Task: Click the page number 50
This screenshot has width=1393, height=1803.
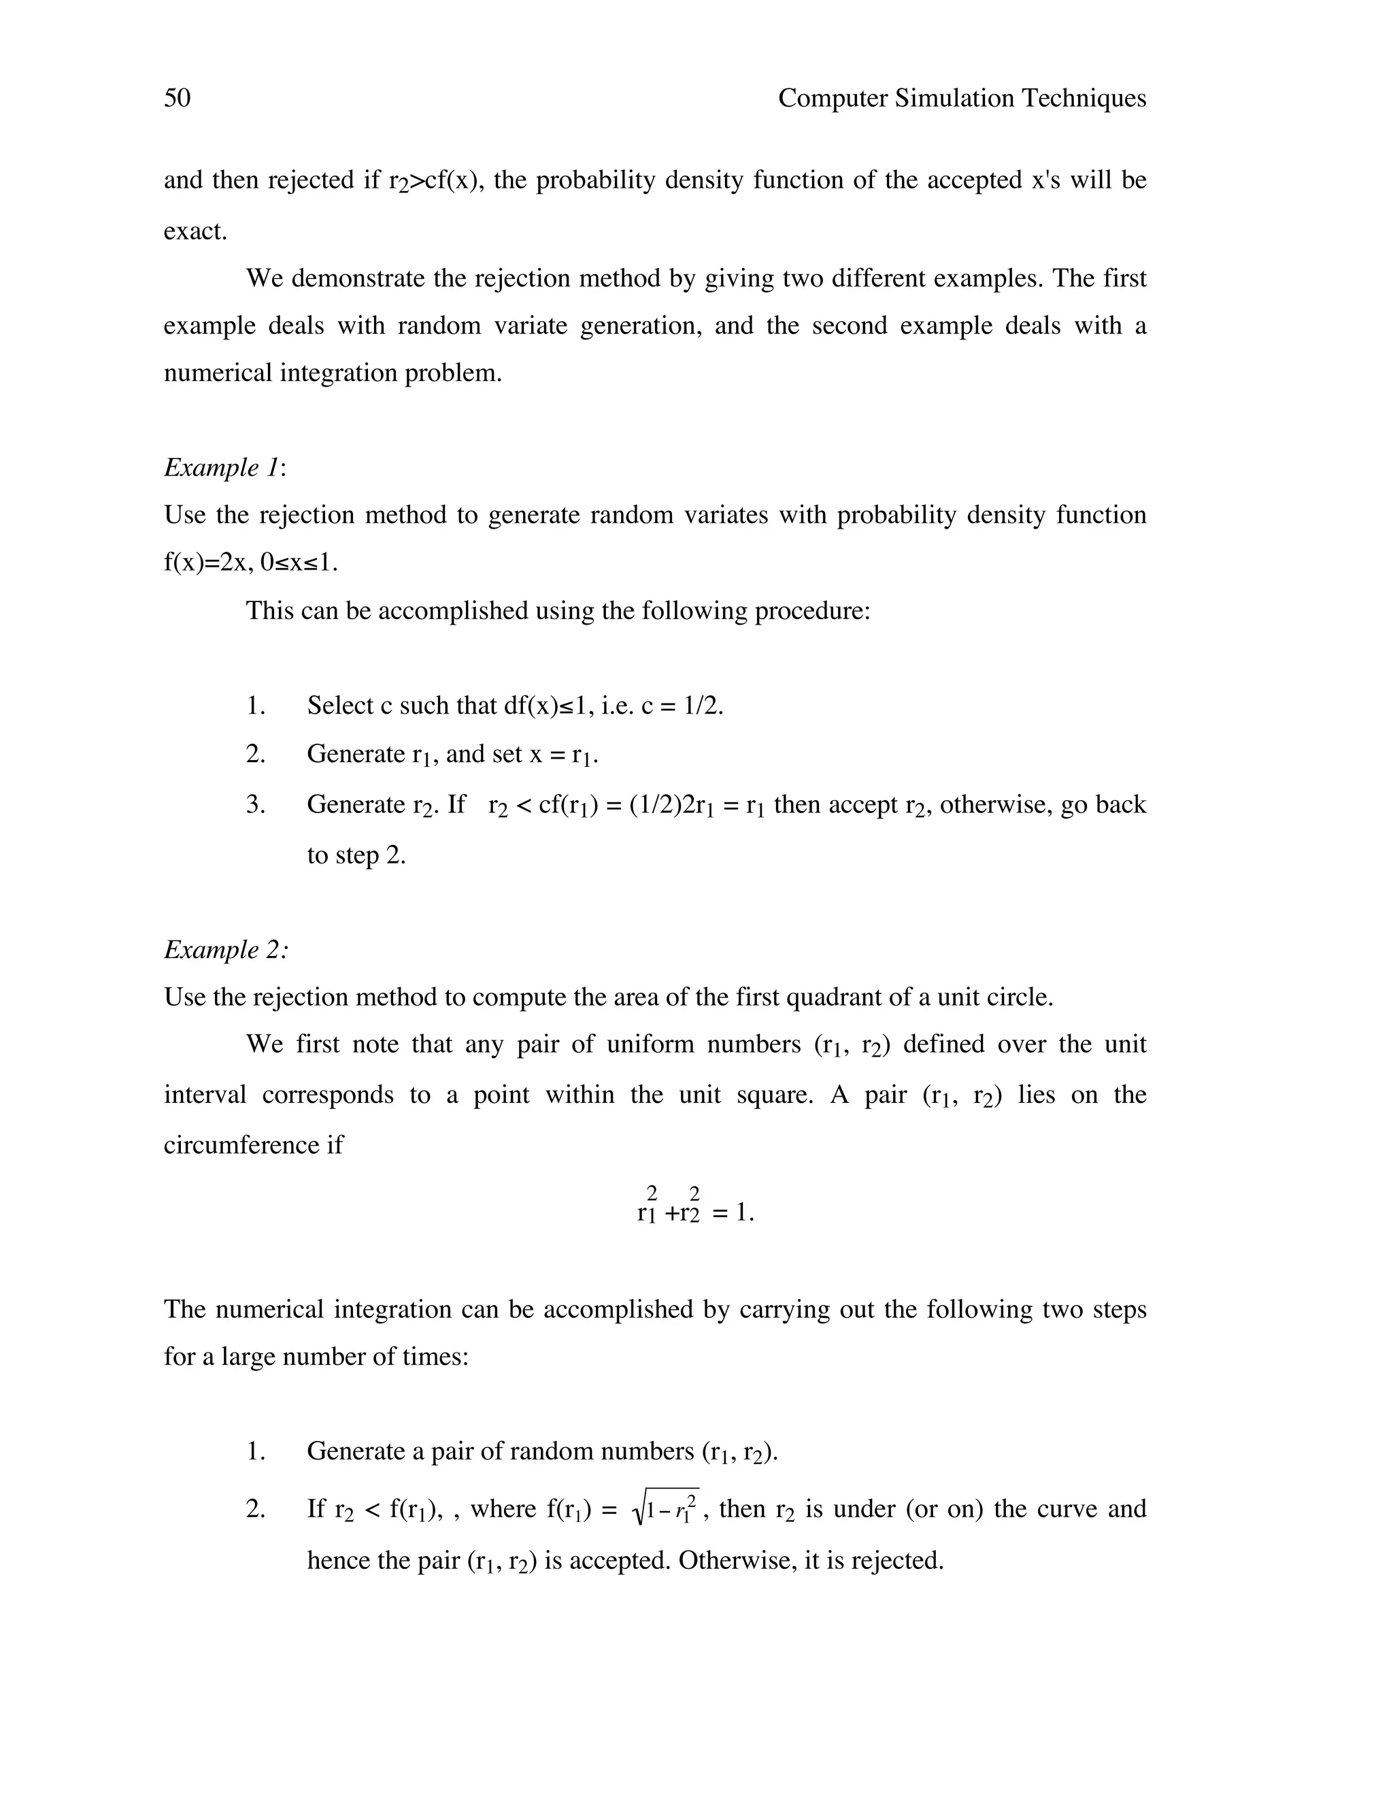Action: point(177,98)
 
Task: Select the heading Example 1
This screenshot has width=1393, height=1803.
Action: point(223,467)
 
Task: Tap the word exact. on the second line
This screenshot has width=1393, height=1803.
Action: point(195,231)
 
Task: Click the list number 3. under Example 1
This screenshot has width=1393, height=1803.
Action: point(255,804)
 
